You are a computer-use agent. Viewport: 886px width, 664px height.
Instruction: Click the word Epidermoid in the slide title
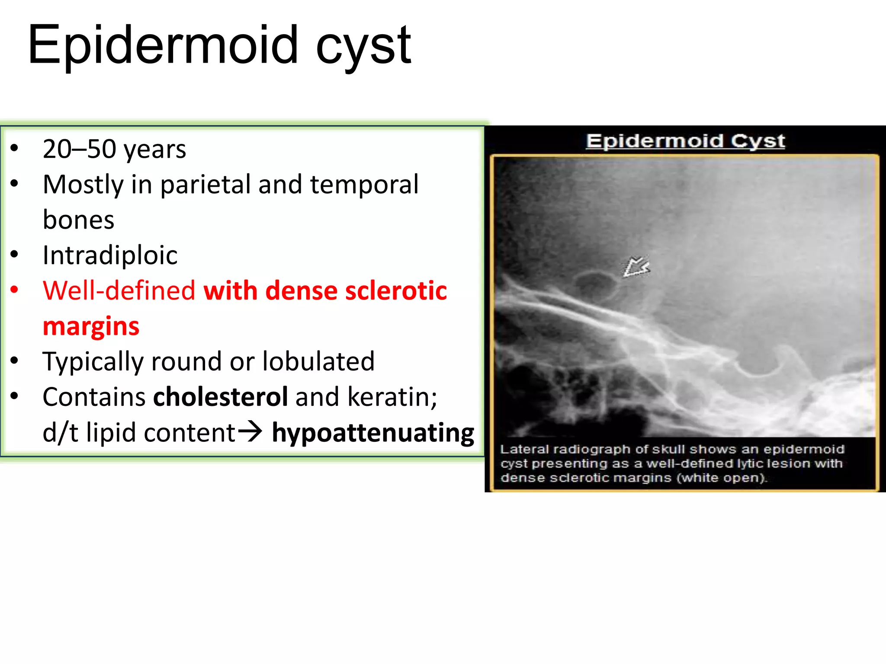click(x=162, y=45)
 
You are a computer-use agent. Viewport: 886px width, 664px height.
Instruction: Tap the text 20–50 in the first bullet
click(x=80, y=149)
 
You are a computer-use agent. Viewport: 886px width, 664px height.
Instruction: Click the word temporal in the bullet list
click(x=364, y=185)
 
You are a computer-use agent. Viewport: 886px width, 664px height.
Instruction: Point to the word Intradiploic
click(x=110, y=255)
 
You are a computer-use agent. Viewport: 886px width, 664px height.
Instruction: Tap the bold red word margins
click(x=91, y=326)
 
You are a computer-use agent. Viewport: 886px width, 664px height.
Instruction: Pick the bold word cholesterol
click(x=221, y=397)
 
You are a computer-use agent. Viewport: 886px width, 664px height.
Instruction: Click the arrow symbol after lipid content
click(x=250, y=431)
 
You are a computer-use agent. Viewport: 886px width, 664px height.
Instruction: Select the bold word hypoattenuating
click(x=373, y=432)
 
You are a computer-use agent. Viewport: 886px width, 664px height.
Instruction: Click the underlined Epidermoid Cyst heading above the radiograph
click(x=685, y=141)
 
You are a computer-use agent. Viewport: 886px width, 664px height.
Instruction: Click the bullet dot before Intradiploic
click(x=14, y=255)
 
